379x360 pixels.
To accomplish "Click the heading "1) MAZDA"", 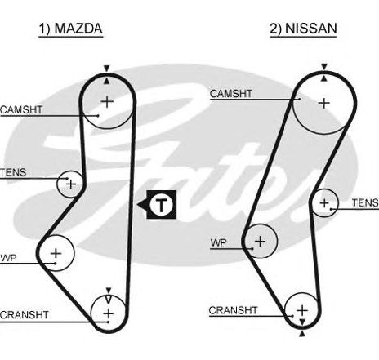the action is (x=71, y=29).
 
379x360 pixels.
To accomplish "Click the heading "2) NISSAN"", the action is (x=303, y=29).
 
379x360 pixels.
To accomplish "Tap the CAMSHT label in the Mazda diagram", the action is (x=21, y=109).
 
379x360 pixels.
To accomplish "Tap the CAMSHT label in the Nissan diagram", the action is (x=231, y=94).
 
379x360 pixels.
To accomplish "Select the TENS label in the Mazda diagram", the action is (x=13, y=172).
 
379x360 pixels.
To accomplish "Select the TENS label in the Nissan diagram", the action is (x=365, y=202).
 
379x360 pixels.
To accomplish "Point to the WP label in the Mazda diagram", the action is (x=8, y=258).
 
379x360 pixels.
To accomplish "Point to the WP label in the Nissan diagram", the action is (x=218, y=242).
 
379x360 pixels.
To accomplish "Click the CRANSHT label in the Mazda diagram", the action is (x=25, y=315).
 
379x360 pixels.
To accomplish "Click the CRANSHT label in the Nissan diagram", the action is (x=233, y=310).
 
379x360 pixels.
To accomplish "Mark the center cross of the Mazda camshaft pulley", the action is (x=107, y=102).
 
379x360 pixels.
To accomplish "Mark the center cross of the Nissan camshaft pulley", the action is (x=324, y=104).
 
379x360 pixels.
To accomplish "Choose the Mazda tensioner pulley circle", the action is (x=57, y=184).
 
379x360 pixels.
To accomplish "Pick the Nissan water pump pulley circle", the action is (x=277, y=241).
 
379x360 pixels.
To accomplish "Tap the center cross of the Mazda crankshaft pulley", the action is (x=109, y=313).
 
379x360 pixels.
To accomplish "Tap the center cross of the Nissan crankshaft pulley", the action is (x=302, y=310).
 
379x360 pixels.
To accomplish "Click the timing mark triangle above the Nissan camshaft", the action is (x=324, y=67).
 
